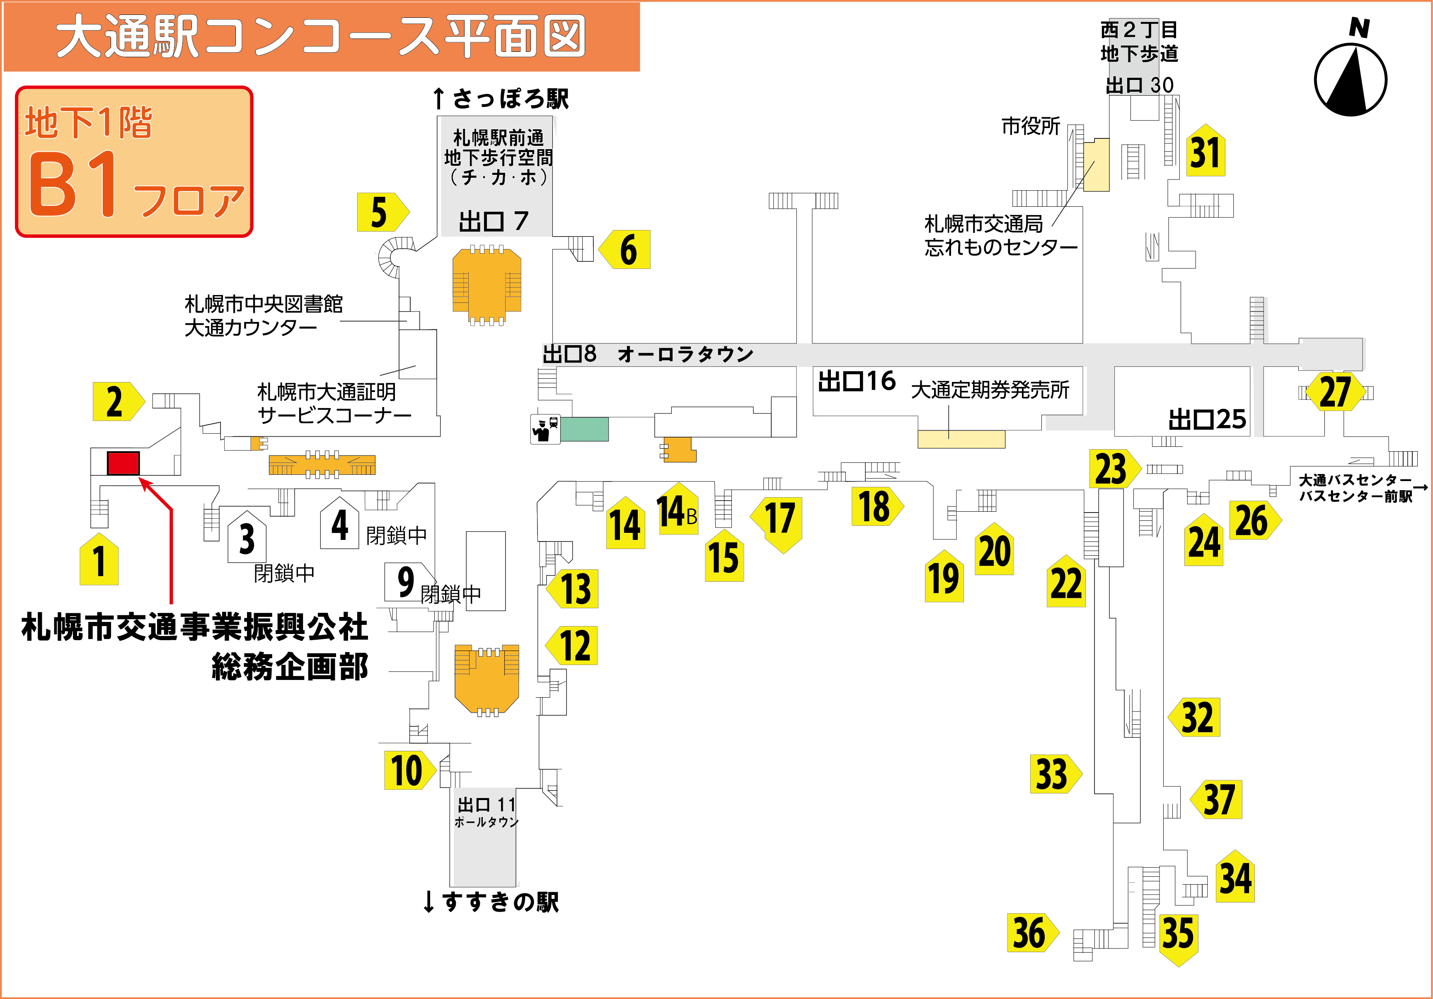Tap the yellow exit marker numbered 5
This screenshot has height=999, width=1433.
point(382,212)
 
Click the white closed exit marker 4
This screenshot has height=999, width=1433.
point(339,523)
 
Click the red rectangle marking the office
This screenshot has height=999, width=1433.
point(123,463)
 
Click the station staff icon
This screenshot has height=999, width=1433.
point(545,429)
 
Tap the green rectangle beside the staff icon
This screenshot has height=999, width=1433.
point(584,429)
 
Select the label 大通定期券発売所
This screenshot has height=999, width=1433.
point(990,390)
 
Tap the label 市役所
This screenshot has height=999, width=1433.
point(1031,126)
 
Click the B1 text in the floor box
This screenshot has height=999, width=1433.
point(74,184)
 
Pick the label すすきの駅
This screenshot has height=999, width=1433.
point(500,902)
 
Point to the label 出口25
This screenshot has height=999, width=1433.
point(1207,419)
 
